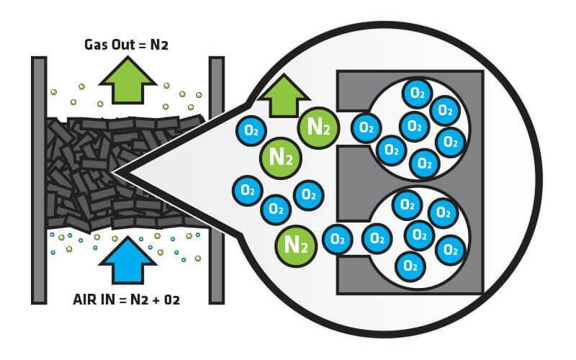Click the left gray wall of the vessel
(39, 180)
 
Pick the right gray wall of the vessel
(216, 180)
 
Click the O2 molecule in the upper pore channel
(366, 128)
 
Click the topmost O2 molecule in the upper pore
(416, 92)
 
